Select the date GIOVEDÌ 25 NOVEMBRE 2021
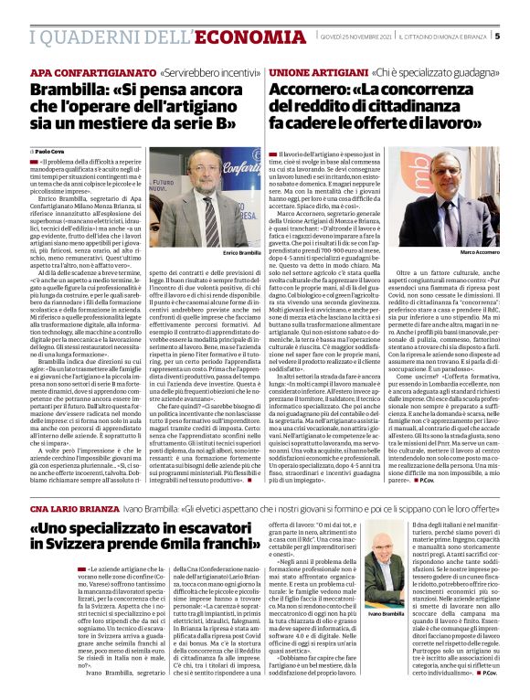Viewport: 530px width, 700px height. (x=355, y=37)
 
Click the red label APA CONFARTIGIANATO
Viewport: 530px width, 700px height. (x=93, y=71)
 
